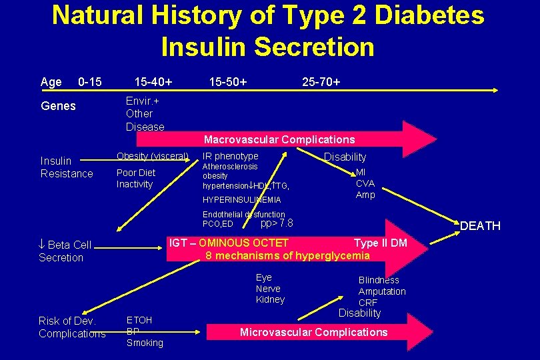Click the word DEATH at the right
[x=480, y=226]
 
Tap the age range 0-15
[x=90, y=82]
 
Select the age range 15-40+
[x=153, y=82]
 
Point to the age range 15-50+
[x=228, y=82]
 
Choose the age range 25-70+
[x=321, y=82]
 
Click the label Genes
[x=59, y=106]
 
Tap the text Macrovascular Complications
[x=279, y=139]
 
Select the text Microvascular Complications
[x=313, y=332]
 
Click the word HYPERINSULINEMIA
[x=242, y=200]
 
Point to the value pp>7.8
[x=277, y=223]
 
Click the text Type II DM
[x=380, y=243]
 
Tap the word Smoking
[x=145, y=343]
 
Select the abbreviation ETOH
[x=139, y=320]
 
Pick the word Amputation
[x=382, y=291]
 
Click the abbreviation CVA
[x=365, y=183]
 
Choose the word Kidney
[x=270, y=300]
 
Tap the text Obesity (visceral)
[x=153, y=156]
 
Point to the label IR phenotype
[x=231, y=156]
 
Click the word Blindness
[x=379, y=280]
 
